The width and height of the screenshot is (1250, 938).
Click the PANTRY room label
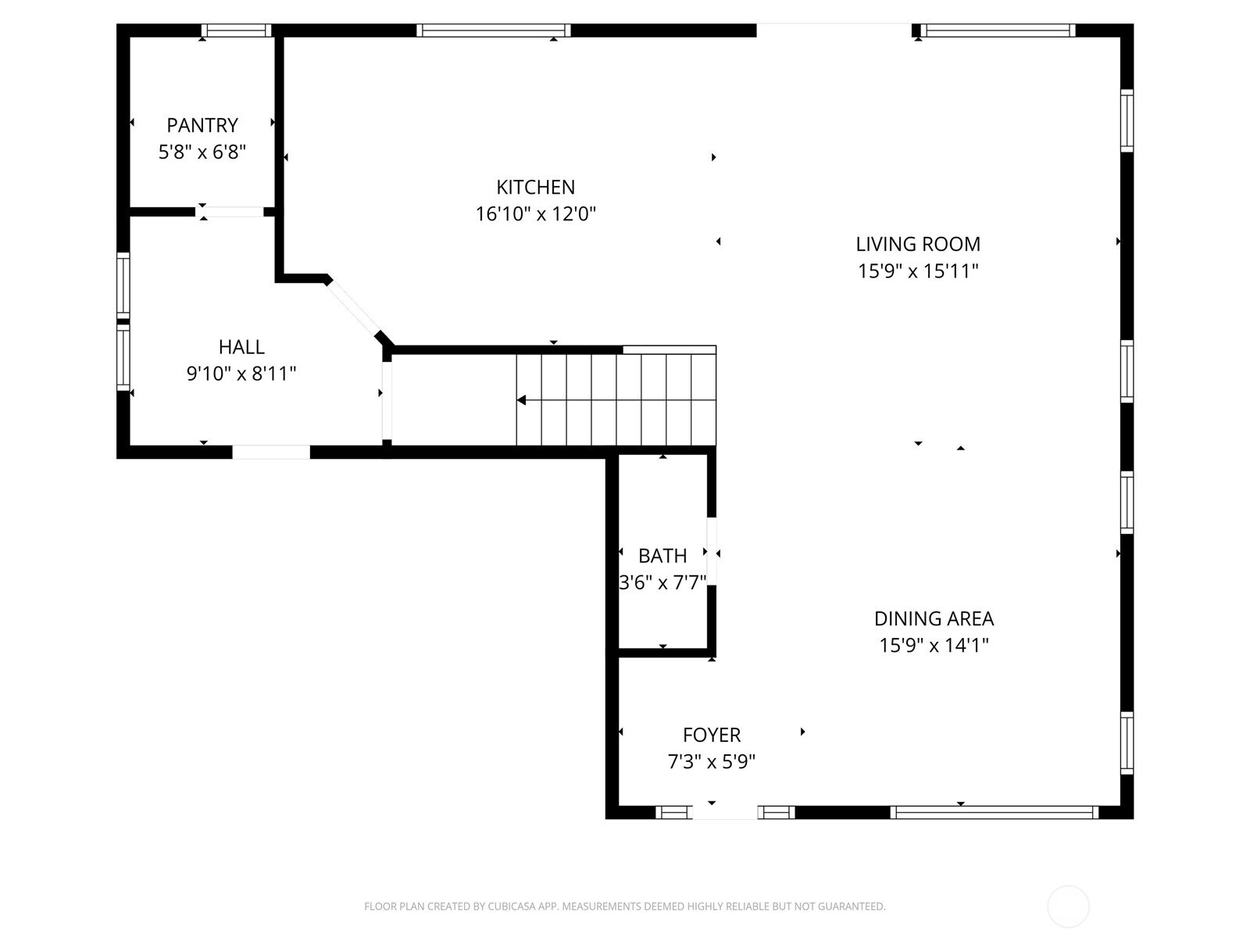[x=202, y=125]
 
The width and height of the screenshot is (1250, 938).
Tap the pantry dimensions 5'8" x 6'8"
[x=202, y=152]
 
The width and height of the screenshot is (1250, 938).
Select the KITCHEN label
[x=536, y=187]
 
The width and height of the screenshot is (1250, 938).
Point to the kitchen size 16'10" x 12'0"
[x=536, y=213]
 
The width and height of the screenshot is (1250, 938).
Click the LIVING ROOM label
[x=918, y=244]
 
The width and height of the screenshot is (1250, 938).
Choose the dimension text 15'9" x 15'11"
[x=918, y=270]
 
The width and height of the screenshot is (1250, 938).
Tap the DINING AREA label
[x=934, y=618]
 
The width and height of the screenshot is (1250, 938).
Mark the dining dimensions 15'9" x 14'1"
[x=934, y=645]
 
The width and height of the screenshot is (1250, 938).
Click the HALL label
[x=241, y=346]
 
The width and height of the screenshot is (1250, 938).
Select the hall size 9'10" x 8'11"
[x=241, y=373]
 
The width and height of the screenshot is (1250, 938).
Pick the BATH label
[x=662, y=556]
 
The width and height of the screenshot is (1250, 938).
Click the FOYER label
[x=712, y=735]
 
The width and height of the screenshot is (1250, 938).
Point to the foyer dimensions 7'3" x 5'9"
[x=712, y=761]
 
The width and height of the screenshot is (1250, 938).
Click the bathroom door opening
[x=712, y=551]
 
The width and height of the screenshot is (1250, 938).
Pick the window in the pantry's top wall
[x=236, y=30]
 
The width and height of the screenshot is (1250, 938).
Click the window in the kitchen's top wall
[x=493, y=30]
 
